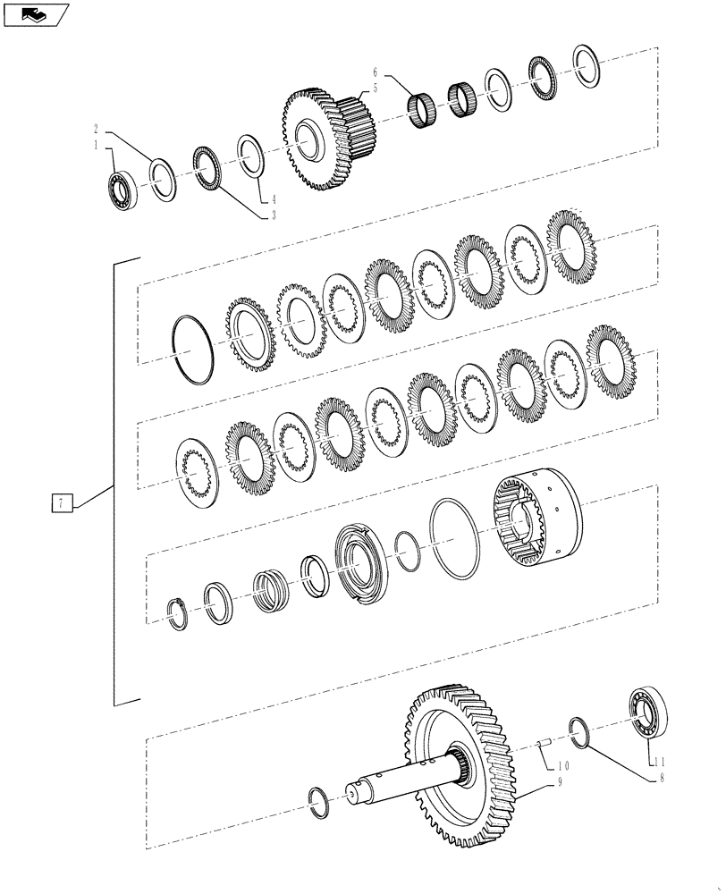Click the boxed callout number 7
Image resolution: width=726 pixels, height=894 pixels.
[x=60, y=504]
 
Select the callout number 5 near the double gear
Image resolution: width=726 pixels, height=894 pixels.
[x=376, y=88]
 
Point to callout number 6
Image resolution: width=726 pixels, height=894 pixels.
[x=376, y=72]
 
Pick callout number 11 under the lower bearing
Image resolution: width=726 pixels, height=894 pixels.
[x=660, y=762]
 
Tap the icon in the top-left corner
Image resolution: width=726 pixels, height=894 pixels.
[x=34, y=14]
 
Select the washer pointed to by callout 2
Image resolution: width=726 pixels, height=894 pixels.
[x=162, y=179]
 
